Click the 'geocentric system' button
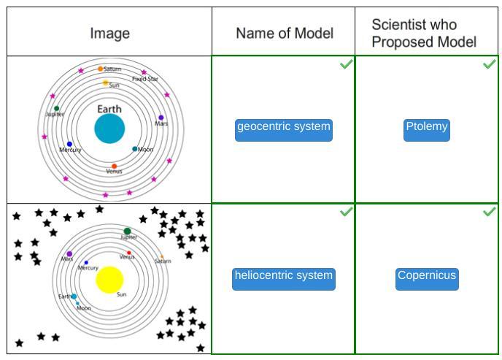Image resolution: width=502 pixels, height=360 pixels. click(x=283, y=129)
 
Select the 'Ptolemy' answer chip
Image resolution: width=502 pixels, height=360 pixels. click(x=427, y=129)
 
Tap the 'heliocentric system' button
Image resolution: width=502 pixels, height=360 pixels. click(x=283, y=278)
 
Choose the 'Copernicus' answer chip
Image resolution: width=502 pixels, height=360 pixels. click(x=427, y=278)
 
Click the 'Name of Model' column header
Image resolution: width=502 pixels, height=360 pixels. click(x=284, y=33)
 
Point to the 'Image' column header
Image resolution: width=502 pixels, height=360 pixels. click(x=109, y=33)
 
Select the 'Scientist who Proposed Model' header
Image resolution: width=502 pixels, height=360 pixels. click(x=423, y=33)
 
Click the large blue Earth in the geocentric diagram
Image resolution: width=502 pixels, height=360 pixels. click(x=109, y=129)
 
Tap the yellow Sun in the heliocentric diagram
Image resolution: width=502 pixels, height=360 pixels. click(x=109, y=280)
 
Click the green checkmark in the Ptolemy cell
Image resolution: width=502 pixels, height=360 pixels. click(x=490, y=65)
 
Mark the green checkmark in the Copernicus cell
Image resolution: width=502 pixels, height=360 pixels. click(x=490, y=212)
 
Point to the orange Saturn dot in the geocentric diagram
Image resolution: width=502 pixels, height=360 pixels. click(x=101, y=69)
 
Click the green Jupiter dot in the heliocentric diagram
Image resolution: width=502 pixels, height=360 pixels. click(x=127, y=231)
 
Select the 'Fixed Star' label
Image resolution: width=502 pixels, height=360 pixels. click(x=144, y=79)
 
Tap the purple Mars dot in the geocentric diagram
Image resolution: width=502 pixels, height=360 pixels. click(x=161, y=117)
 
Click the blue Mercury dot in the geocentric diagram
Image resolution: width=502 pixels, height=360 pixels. click(x=69, y=145)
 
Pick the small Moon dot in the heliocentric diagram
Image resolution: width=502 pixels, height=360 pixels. click(x=78, y=303)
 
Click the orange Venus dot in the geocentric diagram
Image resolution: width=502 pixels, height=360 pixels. click(x=114, y=166)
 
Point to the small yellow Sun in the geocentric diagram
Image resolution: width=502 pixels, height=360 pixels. click(x=105, y=83)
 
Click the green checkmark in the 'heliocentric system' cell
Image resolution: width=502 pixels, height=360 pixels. click(x=346, y=212)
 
